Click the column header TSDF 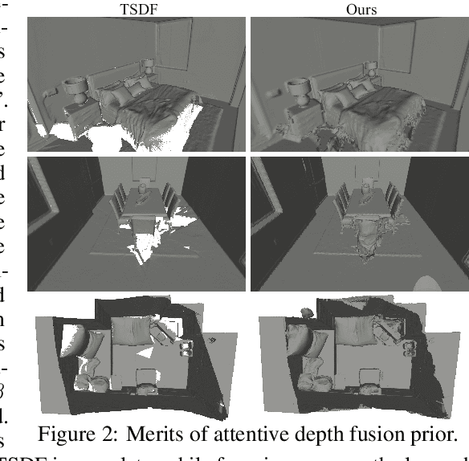coord(139,10)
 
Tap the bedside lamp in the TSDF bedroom coord(75,88)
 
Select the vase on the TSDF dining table coord(141,190)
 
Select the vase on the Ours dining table coord(363,190)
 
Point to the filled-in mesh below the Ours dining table coord(365,241)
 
